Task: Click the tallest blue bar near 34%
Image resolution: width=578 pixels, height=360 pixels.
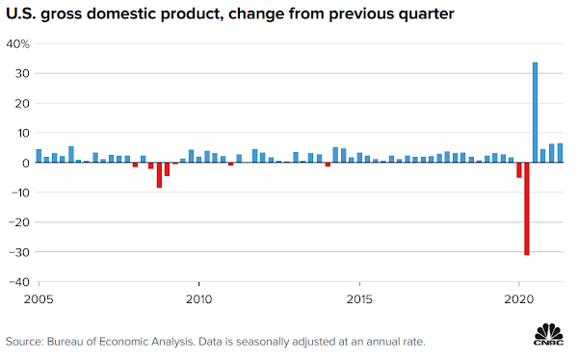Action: (x=535, y=113)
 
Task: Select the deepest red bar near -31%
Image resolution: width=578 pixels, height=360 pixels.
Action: (x=527, y=209)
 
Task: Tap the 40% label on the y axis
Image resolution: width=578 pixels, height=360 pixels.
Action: (x=17, y=44)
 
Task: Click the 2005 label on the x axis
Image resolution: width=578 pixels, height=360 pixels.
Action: (x=39, y=299)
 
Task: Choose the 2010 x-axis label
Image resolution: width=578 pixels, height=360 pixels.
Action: (x=199, y=299)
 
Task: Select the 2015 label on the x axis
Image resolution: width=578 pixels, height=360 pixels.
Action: (x=359, y=299)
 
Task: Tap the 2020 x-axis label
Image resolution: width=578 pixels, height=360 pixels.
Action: (x=519, y=299)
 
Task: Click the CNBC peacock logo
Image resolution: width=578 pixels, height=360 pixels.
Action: (x=549, y=334)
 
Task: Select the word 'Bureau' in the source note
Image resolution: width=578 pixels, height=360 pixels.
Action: (x=65, y=342)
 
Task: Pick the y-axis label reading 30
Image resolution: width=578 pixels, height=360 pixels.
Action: (x=22, y=74)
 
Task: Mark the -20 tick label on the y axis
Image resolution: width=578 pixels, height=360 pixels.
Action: (x=20, y=222)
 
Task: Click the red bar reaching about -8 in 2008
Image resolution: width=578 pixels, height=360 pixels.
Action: (x=159, y=175)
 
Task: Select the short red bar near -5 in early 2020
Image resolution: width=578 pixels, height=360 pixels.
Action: (x=519, y=170)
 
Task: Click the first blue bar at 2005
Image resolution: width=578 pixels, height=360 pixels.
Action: (x=39, y=156)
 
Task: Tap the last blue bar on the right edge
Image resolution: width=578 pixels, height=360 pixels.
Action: (x=560, y=153)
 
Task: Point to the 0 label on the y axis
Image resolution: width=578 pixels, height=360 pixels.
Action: (x=26, y=163)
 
